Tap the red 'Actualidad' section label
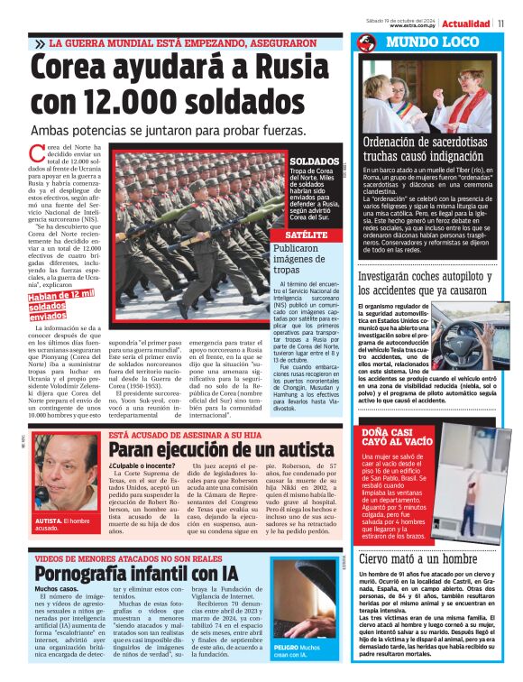click(467, 22)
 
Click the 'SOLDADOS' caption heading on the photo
click(314, 161)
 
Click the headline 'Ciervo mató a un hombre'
click(417, 558)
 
